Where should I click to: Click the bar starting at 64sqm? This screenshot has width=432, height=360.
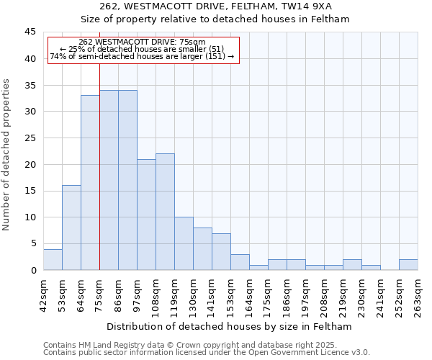(x=90, y=183)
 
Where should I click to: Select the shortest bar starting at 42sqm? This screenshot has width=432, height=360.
(x=53, y=260)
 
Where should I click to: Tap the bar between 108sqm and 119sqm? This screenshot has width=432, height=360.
(x=165, y=212)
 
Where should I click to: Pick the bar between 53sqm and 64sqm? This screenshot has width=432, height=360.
(x=71, y=228)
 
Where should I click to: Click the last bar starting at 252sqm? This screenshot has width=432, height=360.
(x=408, y=265)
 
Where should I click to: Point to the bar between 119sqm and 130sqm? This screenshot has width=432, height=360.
(x=184, y=243)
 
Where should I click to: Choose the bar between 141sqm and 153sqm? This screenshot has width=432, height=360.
(x=221, y=251)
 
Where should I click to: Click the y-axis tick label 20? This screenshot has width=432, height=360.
(x=30, y=164)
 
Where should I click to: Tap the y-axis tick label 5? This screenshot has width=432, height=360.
(x=32, y=243)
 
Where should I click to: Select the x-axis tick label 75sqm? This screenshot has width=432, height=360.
(x=99, y=294)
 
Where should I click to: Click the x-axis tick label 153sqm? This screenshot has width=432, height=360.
(x=230, y=294)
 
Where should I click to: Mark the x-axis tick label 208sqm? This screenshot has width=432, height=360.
(x=324, y=294)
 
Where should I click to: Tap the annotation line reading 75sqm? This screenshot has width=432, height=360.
(x=142, y=42)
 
